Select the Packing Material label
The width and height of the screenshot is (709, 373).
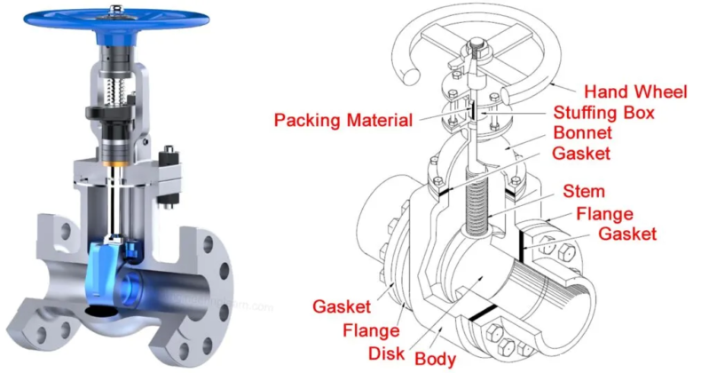click(343, 119)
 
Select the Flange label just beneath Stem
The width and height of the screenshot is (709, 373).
click(604, 213)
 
